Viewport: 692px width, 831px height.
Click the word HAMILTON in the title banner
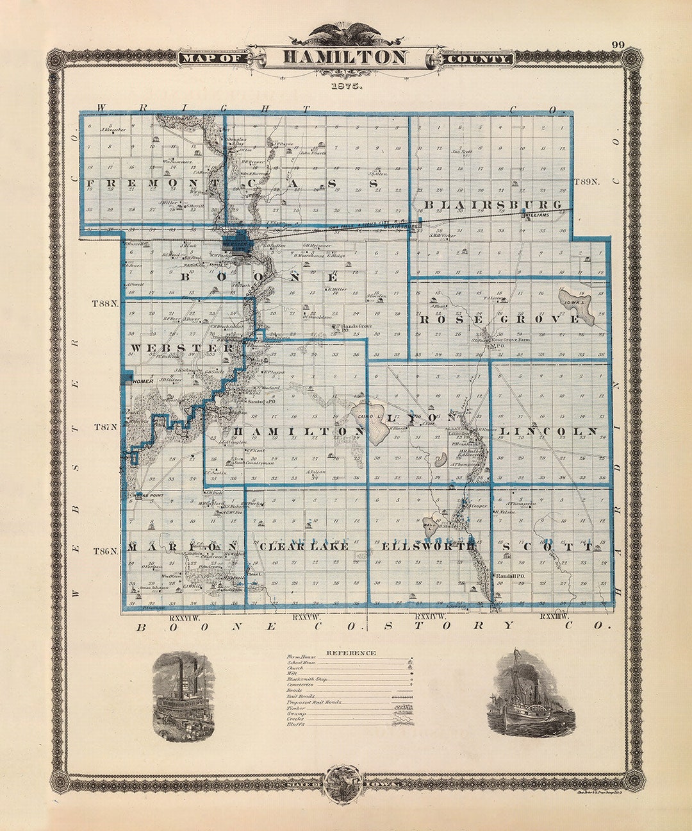click(x=345, y=58)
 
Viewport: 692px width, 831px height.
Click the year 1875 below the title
click(x=346, y=85)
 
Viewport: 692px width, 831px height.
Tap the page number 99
click(x=618, y=45)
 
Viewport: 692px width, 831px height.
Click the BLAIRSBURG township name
click(x=493, y=205)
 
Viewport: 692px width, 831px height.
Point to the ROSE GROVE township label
click(x=500, y=319)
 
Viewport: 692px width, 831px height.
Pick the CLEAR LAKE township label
click(x=304, y=546)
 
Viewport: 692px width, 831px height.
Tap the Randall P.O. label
click(x=511, y=576)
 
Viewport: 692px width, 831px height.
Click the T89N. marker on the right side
click(x=587, y=181)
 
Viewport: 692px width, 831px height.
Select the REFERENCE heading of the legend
click(x=351, y=653)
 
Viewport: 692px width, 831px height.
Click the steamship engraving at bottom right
click(x=523, y=692)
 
